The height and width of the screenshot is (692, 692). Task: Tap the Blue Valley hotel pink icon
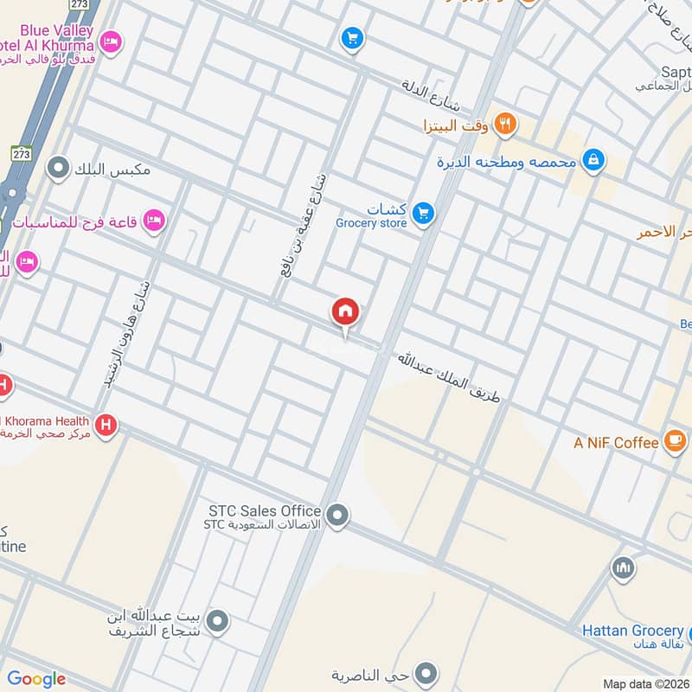point(110,41)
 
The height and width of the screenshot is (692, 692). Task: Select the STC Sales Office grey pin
point(338,516)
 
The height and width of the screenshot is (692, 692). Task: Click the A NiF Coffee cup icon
point(674,440)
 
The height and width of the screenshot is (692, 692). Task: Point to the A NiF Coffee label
point(616,443)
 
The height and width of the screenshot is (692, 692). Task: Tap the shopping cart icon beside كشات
point(422,212)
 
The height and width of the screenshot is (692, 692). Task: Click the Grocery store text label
point(371,224)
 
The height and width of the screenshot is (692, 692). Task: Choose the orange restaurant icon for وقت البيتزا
point(507,124)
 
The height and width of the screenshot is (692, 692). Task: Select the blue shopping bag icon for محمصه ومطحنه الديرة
point(593,159)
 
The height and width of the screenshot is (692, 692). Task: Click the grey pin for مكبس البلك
point(58,167)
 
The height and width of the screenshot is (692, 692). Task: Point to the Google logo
point(36,679)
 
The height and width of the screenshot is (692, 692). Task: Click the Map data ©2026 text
point(646,683)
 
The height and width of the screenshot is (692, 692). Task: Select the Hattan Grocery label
point(632,631)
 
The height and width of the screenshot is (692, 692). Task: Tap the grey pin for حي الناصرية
point(425,672)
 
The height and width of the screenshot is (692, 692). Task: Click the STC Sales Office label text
point(265,511)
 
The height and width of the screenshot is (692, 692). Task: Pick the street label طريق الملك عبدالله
point(448,376)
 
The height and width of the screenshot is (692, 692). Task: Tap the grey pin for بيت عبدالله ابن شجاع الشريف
point(218,620)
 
